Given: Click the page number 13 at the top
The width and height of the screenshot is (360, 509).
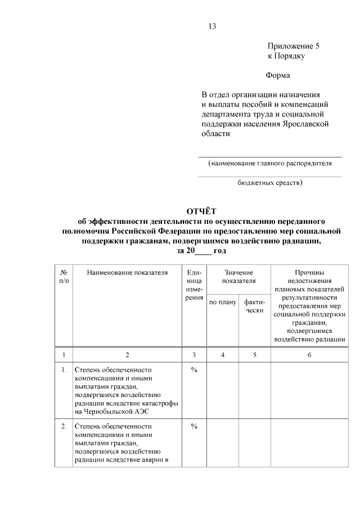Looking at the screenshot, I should tap(211, 26).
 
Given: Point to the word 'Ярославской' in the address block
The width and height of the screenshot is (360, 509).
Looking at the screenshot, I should tap(304, 123).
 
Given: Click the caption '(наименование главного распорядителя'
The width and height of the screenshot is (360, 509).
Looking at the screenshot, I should tap(269, 164).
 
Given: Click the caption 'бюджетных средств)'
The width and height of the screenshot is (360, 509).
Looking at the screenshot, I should tap(269, 183).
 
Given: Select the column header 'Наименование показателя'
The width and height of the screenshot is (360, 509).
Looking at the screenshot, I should tap(127, 273).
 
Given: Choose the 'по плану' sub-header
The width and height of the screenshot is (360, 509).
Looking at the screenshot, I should tap(223, 303).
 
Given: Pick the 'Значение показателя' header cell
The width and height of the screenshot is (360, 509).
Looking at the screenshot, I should tap(238, 277).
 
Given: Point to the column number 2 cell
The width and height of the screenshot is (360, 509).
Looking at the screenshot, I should tap(127, 355).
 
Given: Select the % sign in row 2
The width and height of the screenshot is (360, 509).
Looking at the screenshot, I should tap(194, 426).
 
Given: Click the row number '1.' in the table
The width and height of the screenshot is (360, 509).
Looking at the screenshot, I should tap(64, 370).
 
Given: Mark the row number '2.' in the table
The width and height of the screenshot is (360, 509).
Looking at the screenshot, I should tap(64, 426).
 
